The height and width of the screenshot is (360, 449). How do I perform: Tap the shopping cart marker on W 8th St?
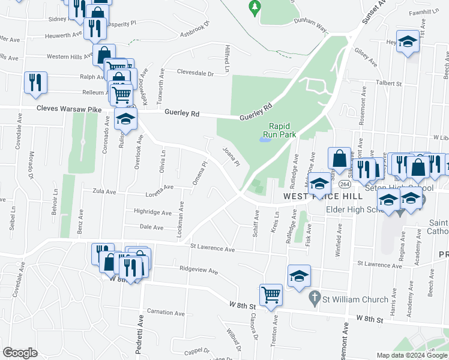click(271, 295)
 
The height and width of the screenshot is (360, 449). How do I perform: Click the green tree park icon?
click(255, 6)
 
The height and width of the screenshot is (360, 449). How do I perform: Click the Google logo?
click(20, 353)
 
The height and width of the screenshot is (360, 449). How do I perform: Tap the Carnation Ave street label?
click(166, 313)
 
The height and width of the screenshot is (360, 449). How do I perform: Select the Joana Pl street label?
click(231, 157)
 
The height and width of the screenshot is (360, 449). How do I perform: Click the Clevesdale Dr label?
click(195, 73)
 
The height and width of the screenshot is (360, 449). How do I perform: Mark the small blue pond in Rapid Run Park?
click(264, 140)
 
